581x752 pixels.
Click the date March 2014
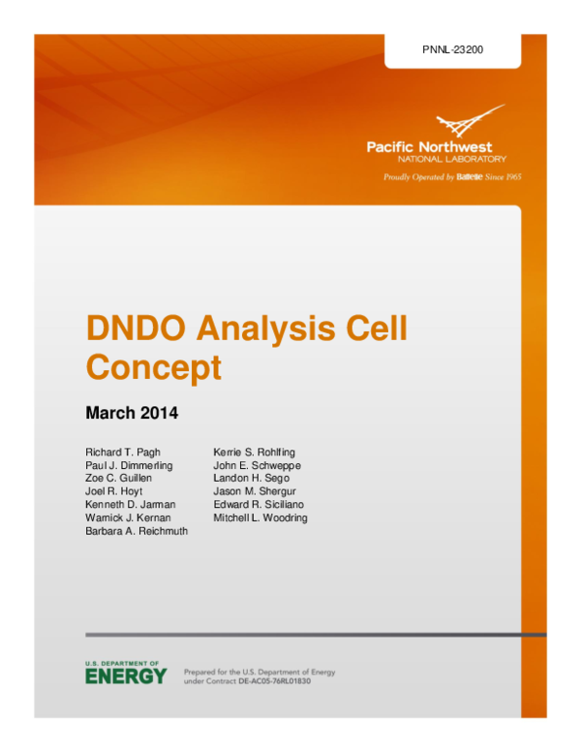(132, 413)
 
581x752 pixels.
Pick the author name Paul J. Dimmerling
(129, 466)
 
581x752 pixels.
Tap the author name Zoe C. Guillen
(120, 479)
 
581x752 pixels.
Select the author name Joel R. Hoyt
(114, 492)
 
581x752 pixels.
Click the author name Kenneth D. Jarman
(128, 505)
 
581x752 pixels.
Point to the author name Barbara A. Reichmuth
(137, 531)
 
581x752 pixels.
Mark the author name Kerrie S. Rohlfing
(254, 453)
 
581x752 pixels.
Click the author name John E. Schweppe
(257, 466)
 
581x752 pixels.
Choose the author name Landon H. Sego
(250, 479)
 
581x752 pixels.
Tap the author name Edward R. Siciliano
(259, 505)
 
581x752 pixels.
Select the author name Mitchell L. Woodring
(260, 518)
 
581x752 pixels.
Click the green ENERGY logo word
(125, 676)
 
